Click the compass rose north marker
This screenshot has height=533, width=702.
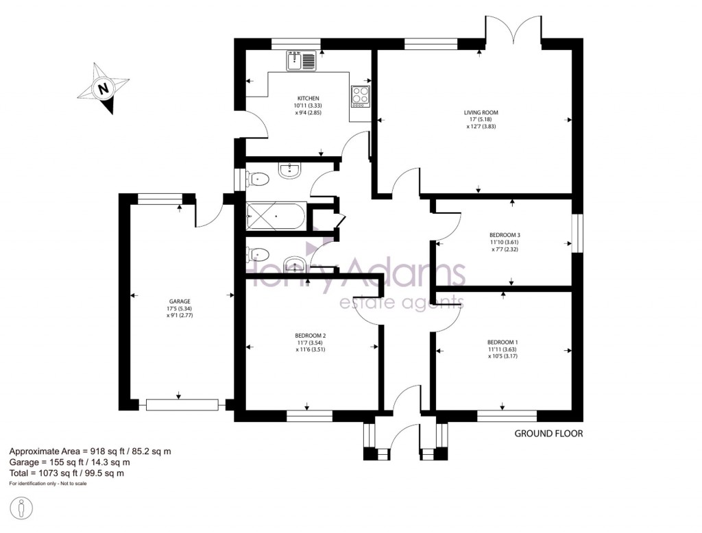point(104,88)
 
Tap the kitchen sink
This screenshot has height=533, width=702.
point(301,61)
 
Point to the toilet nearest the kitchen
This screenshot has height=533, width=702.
point(258,179)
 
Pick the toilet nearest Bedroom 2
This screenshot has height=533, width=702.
point(258,255)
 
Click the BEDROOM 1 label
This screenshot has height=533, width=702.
point(503,342)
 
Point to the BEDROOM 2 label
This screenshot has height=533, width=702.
point(310,336)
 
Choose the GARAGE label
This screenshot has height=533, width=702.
point(180,301)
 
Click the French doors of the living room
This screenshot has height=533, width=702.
point(513,31)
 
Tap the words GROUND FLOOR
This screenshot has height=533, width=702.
point(548,434)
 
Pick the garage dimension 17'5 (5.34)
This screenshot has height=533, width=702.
point(180,308)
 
